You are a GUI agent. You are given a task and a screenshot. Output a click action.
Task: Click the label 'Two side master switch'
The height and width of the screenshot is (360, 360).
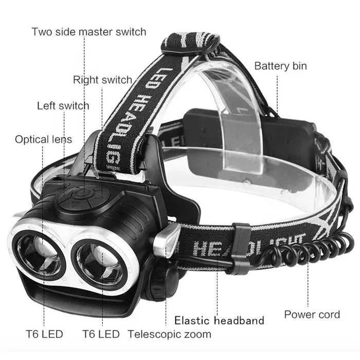tap(88, 32)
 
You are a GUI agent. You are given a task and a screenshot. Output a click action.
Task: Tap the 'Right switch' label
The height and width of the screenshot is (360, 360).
tap(102, 80)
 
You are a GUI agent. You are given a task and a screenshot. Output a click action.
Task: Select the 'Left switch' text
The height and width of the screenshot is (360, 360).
tap(63, 106)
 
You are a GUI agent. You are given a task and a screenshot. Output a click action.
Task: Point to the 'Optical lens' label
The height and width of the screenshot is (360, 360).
tap(43, 139)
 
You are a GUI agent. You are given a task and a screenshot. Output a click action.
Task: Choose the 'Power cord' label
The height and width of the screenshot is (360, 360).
tap(312, 314)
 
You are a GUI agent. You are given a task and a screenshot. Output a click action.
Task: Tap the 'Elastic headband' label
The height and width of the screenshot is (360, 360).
tap(220, 320)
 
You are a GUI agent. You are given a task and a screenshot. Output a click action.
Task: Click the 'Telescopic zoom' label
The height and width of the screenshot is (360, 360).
tap(169, 334)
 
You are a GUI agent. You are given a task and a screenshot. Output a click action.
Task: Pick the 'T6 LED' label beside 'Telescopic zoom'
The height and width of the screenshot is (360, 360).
tap(102, 334)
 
